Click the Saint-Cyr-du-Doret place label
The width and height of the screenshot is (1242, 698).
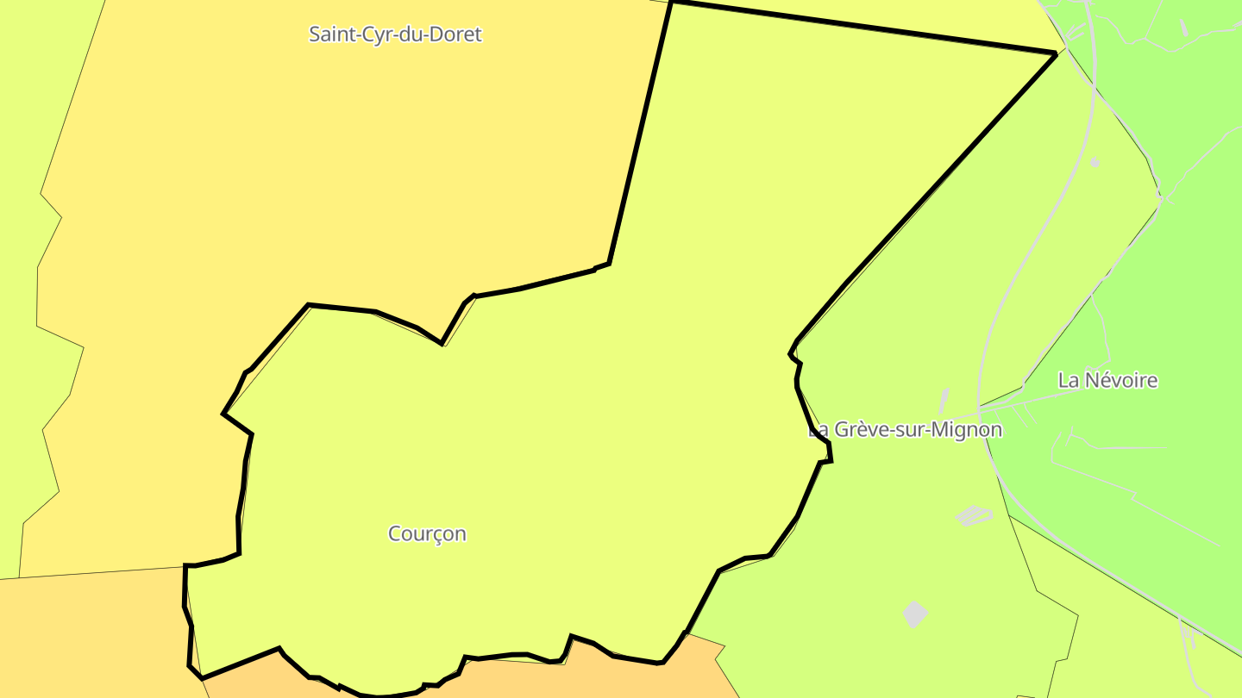395,34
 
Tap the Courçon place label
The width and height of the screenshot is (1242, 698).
427,533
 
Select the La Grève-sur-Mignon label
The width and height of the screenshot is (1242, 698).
906,429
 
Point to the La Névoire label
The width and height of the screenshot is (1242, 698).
1107,380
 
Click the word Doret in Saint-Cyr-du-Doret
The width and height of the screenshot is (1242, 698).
457,34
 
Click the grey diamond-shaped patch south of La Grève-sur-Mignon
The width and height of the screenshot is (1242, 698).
915,614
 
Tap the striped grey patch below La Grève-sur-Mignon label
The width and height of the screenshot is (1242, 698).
973,515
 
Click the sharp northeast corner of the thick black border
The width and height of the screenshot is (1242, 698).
1055,53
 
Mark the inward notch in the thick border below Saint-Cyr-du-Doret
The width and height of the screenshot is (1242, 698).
442,343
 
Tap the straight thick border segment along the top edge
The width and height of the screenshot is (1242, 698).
862,28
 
